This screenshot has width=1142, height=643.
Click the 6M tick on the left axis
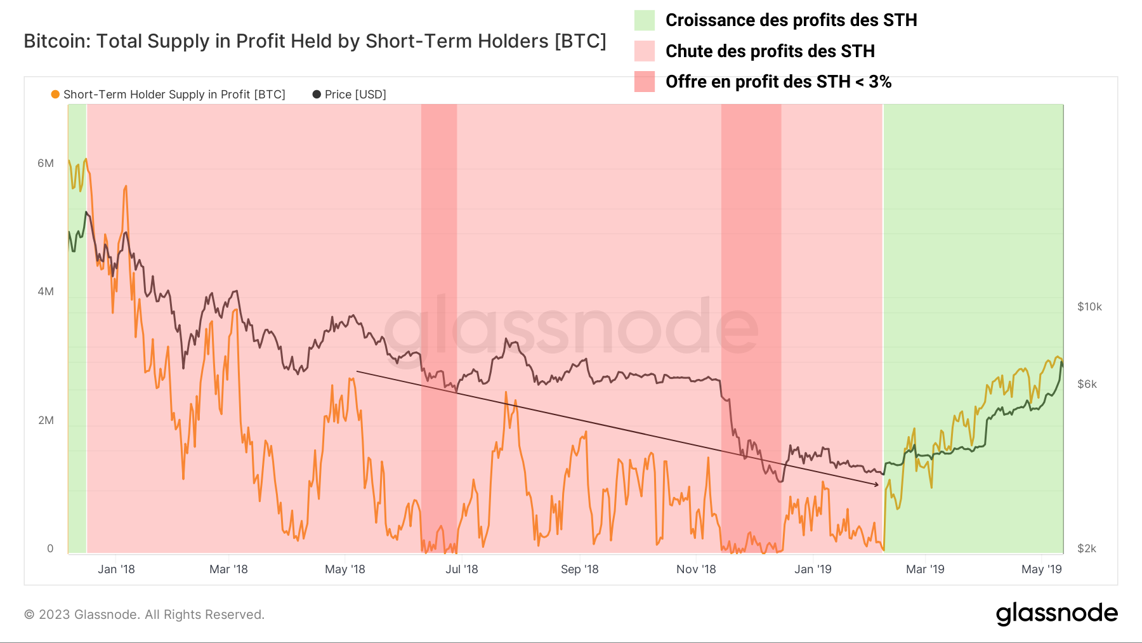pos(46,163)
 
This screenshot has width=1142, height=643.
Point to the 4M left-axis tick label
pos(46,291)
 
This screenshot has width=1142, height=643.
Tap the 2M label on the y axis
pos(46,420)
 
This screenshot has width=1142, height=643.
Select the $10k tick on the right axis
pos(1089,307)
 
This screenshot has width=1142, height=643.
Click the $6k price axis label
pos(1087,384)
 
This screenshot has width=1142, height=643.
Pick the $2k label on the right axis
pos(1087,548)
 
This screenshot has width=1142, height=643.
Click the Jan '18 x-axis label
pos(116,569)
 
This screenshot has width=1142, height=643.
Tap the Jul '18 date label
pos(461,569)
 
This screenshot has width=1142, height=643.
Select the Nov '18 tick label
pos(696,569)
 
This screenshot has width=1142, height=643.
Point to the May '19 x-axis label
pos(1041,569)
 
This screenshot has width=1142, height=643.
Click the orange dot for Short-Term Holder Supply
pos(55,95)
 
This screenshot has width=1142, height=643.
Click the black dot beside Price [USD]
pos(317,95)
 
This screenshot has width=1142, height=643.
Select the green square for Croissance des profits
pos(645,20)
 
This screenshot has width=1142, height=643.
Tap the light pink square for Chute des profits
pos(645,51)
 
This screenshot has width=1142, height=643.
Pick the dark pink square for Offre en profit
pos(645,81)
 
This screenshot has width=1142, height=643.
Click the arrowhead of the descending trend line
pos(877,484)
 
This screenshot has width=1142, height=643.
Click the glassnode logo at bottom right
pos(1056,613)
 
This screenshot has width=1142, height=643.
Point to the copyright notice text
pos(144,614)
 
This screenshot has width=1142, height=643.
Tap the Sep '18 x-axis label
pos(579,569)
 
